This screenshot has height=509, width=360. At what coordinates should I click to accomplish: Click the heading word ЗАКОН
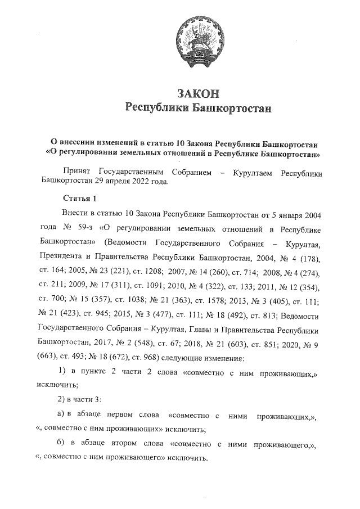pos(197,93)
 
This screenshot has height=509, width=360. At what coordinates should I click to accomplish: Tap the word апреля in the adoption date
pos(136,182)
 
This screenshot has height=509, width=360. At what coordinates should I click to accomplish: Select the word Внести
pos(75,215)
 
